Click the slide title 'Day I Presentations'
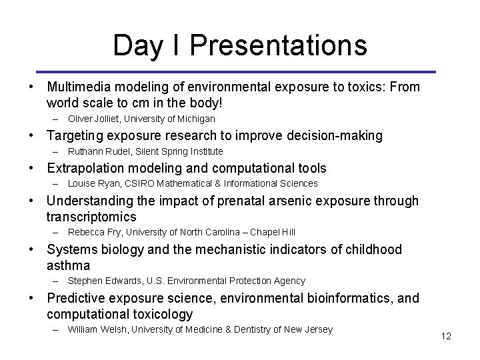pos(240,45)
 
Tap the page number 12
pos(446,337)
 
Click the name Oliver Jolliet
pos(92,119)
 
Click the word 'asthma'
pos(69,265)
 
